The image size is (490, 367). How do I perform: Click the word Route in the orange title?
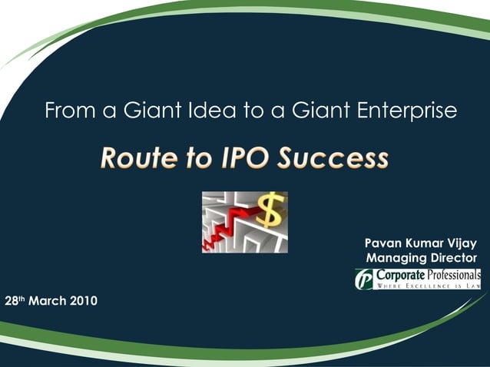135,159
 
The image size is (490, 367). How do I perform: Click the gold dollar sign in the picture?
270,210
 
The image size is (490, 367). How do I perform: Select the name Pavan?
384,243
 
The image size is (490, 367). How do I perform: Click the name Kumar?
427,243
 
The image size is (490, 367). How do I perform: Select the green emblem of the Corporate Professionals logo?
363,279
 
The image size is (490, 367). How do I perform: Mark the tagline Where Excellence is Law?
427,286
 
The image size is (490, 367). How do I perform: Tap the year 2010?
84,300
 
